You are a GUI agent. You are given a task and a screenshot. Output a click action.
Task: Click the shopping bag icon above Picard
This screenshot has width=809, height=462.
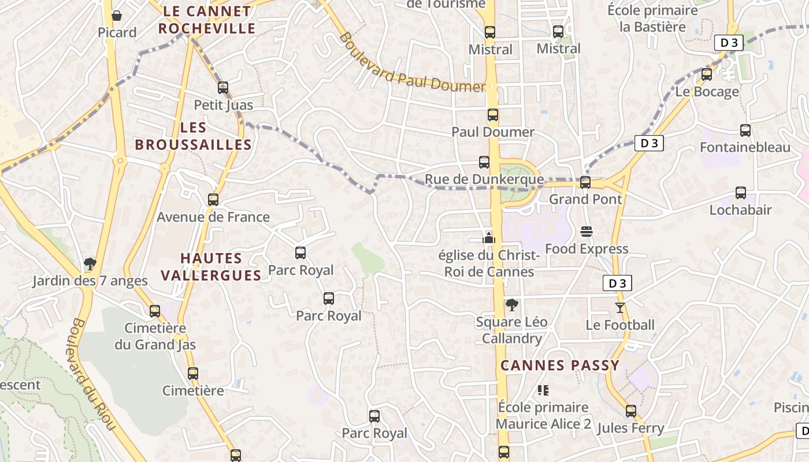[117, 16]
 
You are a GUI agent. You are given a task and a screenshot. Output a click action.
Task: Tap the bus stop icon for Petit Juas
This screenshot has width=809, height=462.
[223, 88]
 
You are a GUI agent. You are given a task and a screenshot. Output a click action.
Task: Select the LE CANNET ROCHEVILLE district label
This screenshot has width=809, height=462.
[207, 20]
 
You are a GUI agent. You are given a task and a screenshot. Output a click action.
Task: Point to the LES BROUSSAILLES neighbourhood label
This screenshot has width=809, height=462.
[193, 136]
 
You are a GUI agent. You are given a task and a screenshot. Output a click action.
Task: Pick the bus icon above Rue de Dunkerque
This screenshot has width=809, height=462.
[484, 162]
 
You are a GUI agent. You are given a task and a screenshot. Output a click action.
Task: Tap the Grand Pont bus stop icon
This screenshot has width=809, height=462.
[585, 182]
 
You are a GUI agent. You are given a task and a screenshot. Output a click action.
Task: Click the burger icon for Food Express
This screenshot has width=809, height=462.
[587, 232]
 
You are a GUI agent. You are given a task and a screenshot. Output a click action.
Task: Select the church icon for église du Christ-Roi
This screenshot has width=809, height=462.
[489, 237]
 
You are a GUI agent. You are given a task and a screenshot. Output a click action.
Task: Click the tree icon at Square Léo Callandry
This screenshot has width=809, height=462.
[511, 304]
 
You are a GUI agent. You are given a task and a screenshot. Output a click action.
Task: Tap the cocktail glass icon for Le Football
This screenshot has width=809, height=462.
[620, 308]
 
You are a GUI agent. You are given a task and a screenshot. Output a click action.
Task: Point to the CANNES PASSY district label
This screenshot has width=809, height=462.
[560, 366]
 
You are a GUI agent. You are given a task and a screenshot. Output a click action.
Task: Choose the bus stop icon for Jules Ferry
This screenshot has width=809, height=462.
[631, 411]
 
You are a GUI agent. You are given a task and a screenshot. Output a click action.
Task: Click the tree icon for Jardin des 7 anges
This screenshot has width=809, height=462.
[90, 264]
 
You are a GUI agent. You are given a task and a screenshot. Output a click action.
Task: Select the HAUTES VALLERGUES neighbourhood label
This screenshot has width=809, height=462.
[211, 267]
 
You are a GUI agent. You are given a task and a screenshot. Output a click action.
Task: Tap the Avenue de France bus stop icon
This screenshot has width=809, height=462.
[213, 200]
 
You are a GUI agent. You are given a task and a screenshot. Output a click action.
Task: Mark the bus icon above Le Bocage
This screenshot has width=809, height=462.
[707, 74]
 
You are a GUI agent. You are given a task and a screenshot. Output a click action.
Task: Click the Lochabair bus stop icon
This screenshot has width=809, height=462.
[741, 193]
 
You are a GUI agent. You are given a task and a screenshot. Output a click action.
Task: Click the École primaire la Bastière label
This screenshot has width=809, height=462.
[652, 18]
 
